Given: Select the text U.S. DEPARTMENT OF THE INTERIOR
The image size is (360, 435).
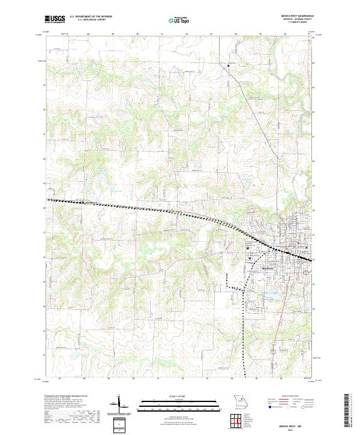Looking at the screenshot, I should point(91,17).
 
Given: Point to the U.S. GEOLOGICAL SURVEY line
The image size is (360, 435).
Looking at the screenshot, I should point(87,20).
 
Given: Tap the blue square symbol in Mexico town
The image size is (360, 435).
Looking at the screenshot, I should point(307,247).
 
